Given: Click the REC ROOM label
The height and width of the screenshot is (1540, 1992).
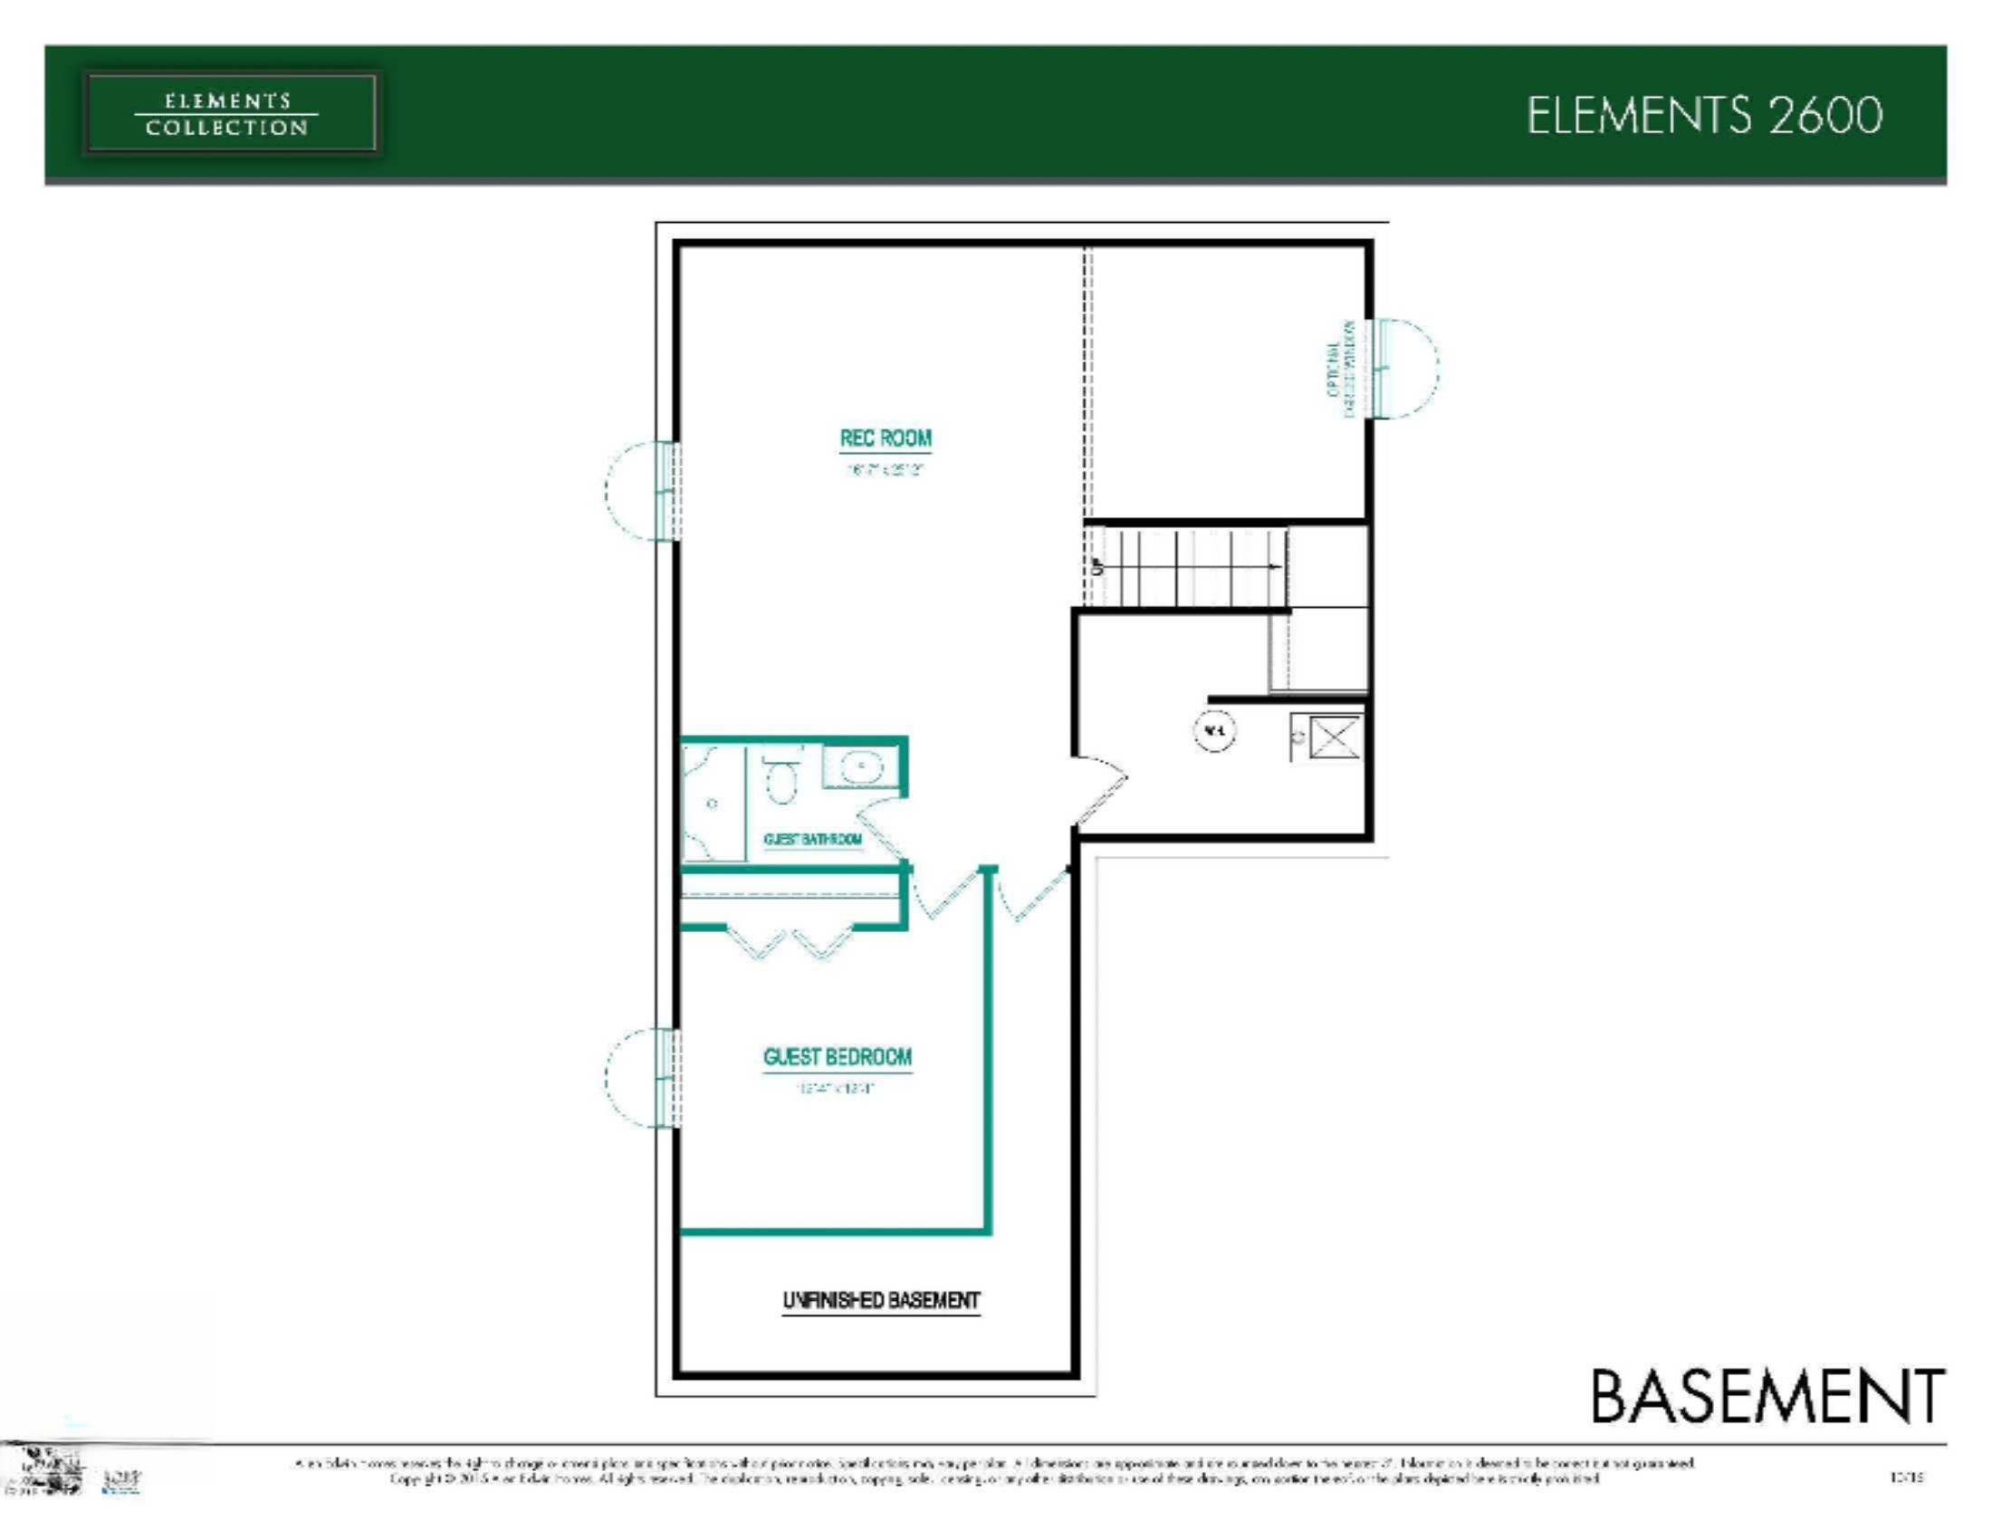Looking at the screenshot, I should [x=885, y=438].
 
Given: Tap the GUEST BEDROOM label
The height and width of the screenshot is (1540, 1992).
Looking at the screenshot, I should [x=838, y=1057].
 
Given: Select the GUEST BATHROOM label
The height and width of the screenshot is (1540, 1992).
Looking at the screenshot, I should [x=813, y=840].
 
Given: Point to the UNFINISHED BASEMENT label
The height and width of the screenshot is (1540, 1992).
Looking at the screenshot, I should [x=881, y=1300].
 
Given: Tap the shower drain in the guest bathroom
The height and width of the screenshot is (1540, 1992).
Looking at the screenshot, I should [x=713, y=804].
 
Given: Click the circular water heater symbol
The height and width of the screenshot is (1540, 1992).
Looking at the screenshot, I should [x=1214, y=731].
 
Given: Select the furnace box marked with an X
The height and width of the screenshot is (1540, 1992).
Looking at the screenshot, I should [x=1335, y=736].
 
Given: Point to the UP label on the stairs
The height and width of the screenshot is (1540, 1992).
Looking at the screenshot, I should [x=1097, y=566].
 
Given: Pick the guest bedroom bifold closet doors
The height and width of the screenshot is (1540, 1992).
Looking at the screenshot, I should [x=790, y=943].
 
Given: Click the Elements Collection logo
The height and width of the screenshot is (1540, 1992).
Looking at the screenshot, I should [x=230, y=114].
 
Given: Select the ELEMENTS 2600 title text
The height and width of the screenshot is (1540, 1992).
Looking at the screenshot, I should [x=1704, y=116].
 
